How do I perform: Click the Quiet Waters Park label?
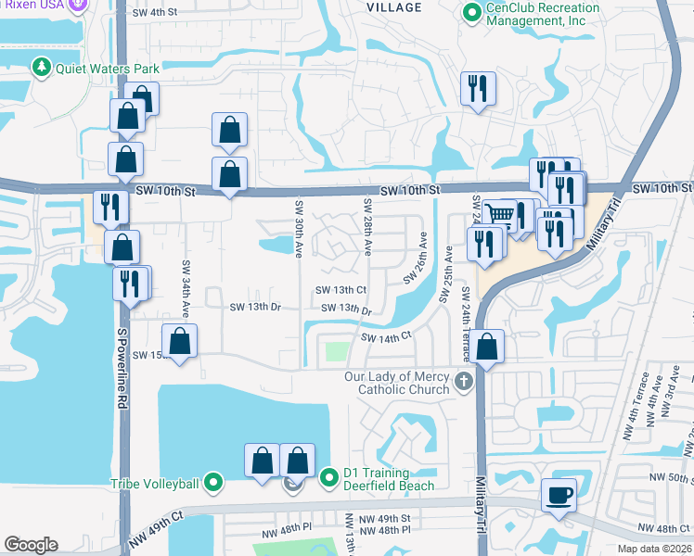point(108,68)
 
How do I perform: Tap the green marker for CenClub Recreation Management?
point(471,14)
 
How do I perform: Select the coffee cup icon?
point(559,495)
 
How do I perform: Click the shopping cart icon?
point(500,215)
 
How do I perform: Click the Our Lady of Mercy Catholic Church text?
point(397,383)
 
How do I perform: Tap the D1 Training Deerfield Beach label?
point(389,478)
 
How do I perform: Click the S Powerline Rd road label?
point(121,362)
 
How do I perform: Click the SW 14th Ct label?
point(385,338)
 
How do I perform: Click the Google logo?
point(31,545)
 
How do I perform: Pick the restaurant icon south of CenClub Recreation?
point(478,89)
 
